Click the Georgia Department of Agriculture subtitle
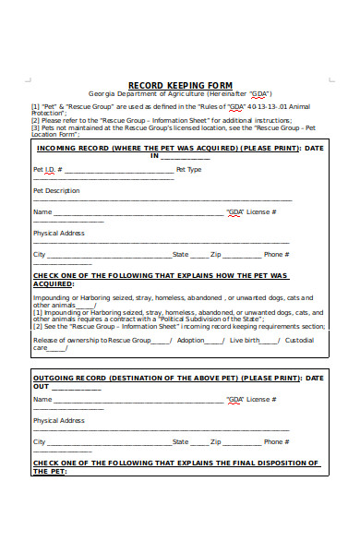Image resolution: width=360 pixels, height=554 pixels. [x=180, y=93]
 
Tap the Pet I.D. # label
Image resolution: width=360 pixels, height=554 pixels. [x=47, y=170]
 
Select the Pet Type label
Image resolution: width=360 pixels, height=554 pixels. [x=188, y=170]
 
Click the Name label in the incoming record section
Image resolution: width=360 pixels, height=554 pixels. [x=42, y=211]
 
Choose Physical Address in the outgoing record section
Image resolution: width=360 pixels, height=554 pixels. [x=58, y=420]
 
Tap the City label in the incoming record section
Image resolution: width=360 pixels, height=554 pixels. [x=39, y=254]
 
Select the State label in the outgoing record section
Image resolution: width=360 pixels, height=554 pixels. [x=180, y=441]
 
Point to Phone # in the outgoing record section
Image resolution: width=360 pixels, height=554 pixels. [x=274, y=441]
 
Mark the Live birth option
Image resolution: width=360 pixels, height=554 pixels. [x=245, y=340]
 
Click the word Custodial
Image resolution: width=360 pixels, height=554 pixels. [x=299, y=340]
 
